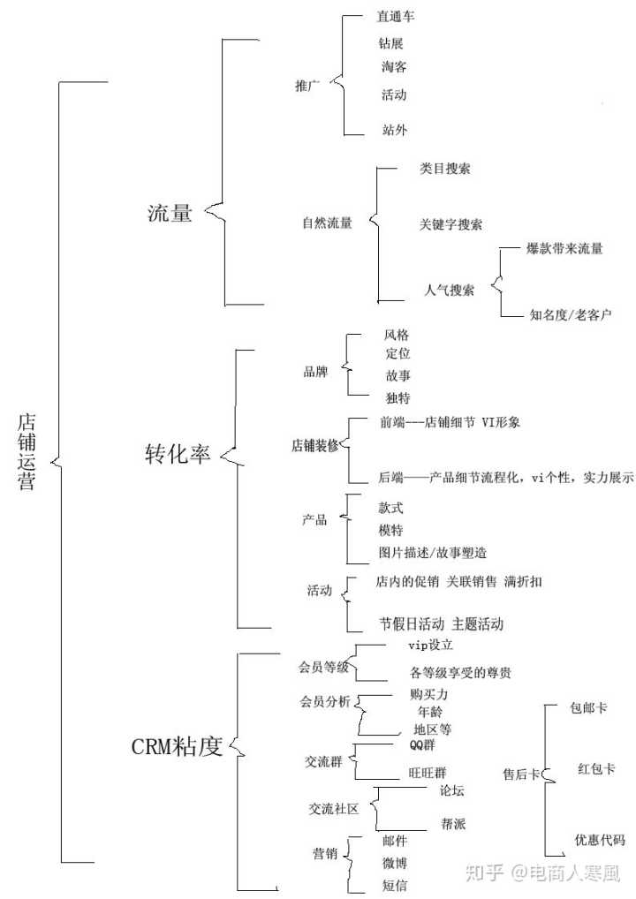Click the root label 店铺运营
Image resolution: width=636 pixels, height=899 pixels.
[x=27, y=450]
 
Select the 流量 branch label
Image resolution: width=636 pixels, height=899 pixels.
[x=170, y=212]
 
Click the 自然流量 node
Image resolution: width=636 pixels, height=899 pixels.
[x=327, y=223]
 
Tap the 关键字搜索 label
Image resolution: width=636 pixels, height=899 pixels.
[x=450, y=224]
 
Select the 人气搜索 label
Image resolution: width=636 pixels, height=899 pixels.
[x=449, y=290]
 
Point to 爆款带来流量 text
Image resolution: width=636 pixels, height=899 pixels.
[x=565, y=248]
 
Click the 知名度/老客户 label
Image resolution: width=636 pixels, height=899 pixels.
[x=571, y=314]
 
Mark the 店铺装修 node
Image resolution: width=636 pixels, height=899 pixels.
[x=315, y=445]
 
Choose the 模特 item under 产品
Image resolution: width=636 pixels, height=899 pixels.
[x=390, y=530]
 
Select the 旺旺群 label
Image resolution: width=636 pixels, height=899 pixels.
[x=428, y=772]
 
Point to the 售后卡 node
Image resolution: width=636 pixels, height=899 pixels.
[x=521, y=774]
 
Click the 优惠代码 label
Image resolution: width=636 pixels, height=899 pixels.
[x=600, y=839]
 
